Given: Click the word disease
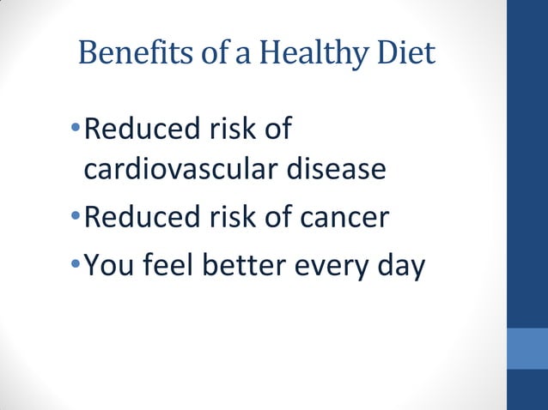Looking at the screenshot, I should pyautogui.click(x=335, y=170).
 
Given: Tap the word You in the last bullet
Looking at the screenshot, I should pyautogui.click(x=113, y=267).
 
